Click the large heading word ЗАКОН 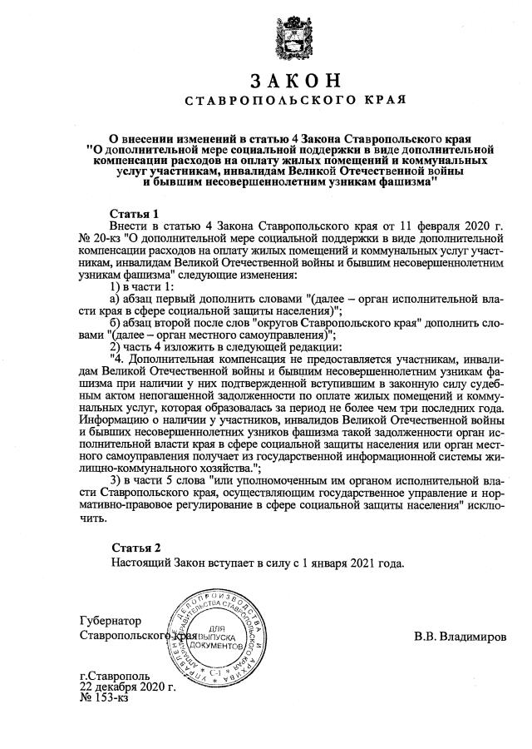click(294, 82)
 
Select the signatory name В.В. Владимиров click(459, 637)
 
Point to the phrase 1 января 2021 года click(351, 563)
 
